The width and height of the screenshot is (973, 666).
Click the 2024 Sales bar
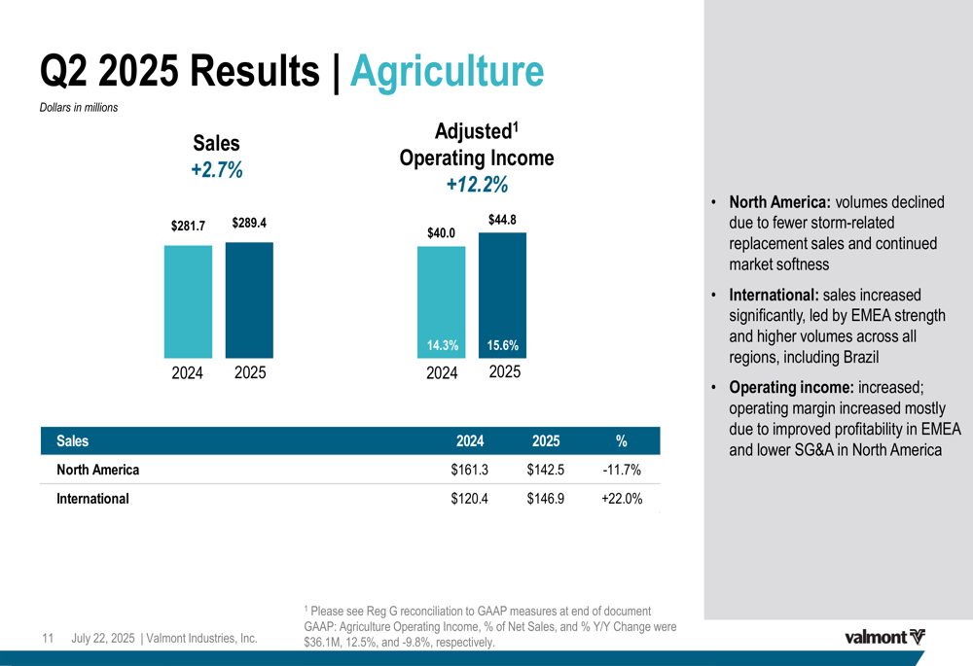(188, 301)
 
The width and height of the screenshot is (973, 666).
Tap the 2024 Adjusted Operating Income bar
(442, 297)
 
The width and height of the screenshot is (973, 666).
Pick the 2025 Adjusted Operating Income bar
(502, 292)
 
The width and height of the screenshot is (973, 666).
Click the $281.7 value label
(188, 226)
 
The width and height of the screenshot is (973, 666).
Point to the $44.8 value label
(502, 220)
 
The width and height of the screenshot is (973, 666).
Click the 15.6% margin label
(502, 345)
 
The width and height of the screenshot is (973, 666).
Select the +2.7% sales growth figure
(217, 170)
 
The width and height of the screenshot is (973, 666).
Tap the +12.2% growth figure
(477, 185)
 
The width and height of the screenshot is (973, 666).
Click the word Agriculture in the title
(446, 71)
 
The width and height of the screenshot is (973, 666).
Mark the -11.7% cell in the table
(621, 470)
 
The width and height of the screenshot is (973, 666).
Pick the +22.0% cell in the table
(621, 499)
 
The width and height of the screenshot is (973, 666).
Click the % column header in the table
(621, 440)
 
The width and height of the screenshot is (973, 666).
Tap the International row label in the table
(92, 499)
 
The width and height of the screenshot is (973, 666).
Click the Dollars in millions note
(79, 108)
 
